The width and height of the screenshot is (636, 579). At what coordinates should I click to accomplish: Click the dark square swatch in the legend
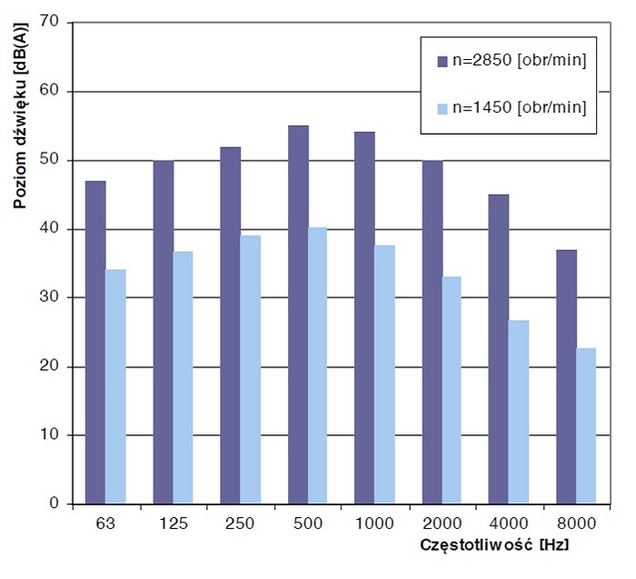(x=442, y=61)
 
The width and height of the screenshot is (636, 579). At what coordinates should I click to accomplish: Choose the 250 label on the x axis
(x=240, y=524)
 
